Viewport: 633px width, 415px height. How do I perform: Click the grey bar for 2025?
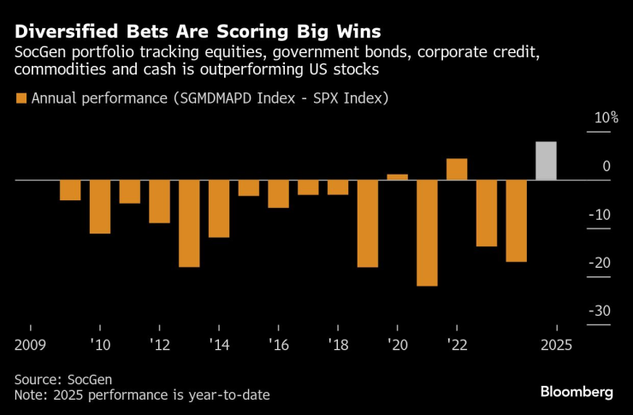[x=546, y=161]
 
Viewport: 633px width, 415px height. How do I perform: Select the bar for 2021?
[x=427, y=233]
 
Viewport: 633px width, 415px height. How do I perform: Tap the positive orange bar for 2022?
[x=457, y=169]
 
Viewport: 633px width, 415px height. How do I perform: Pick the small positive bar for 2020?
[x=397, y=177]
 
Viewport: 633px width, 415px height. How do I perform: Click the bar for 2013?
[x=189, y=223]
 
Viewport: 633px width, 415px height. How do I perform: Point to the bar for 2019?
[x=368, y=223]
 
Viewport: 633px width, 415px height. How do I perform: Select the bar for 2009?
[x=70, y=190]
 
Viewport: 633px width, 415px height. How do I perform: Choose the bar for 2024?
[x=516, y=221]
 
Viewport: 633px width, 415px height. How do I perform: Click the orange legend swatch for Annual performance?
[x=21, y=98]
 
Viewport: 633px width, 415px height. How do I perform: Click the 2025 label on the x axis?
[x=556, y=344]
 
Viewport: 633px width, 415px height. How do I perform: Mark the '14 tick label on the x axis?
[x=219, y=344]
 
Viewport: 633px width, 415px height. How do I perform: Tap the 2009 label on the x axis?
[x=30, y=344]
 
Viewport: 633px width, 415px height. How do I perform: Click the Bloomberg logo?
[x=577, y=392]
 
